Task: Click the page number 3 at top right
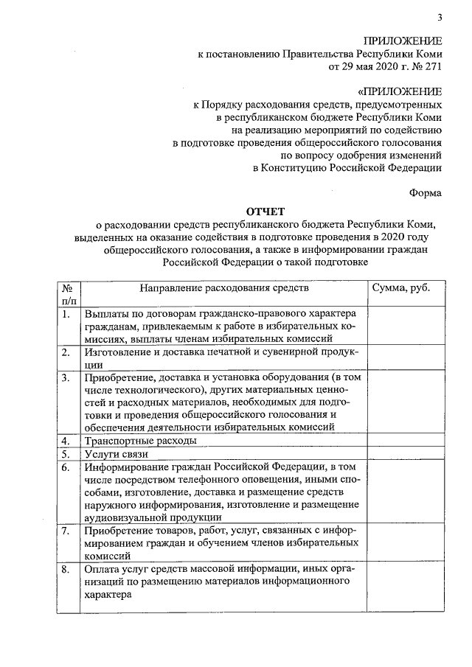coord(440,18)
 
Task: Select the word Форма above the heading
coord(426,193)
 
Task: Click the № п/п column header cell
coord(67,294)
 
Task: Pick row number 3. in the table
coord(66,377)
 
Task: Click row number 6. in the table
coord(66,467)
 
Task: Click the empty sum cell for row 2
coord(403,359)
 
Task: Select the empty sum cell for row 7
coord(403,542)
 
